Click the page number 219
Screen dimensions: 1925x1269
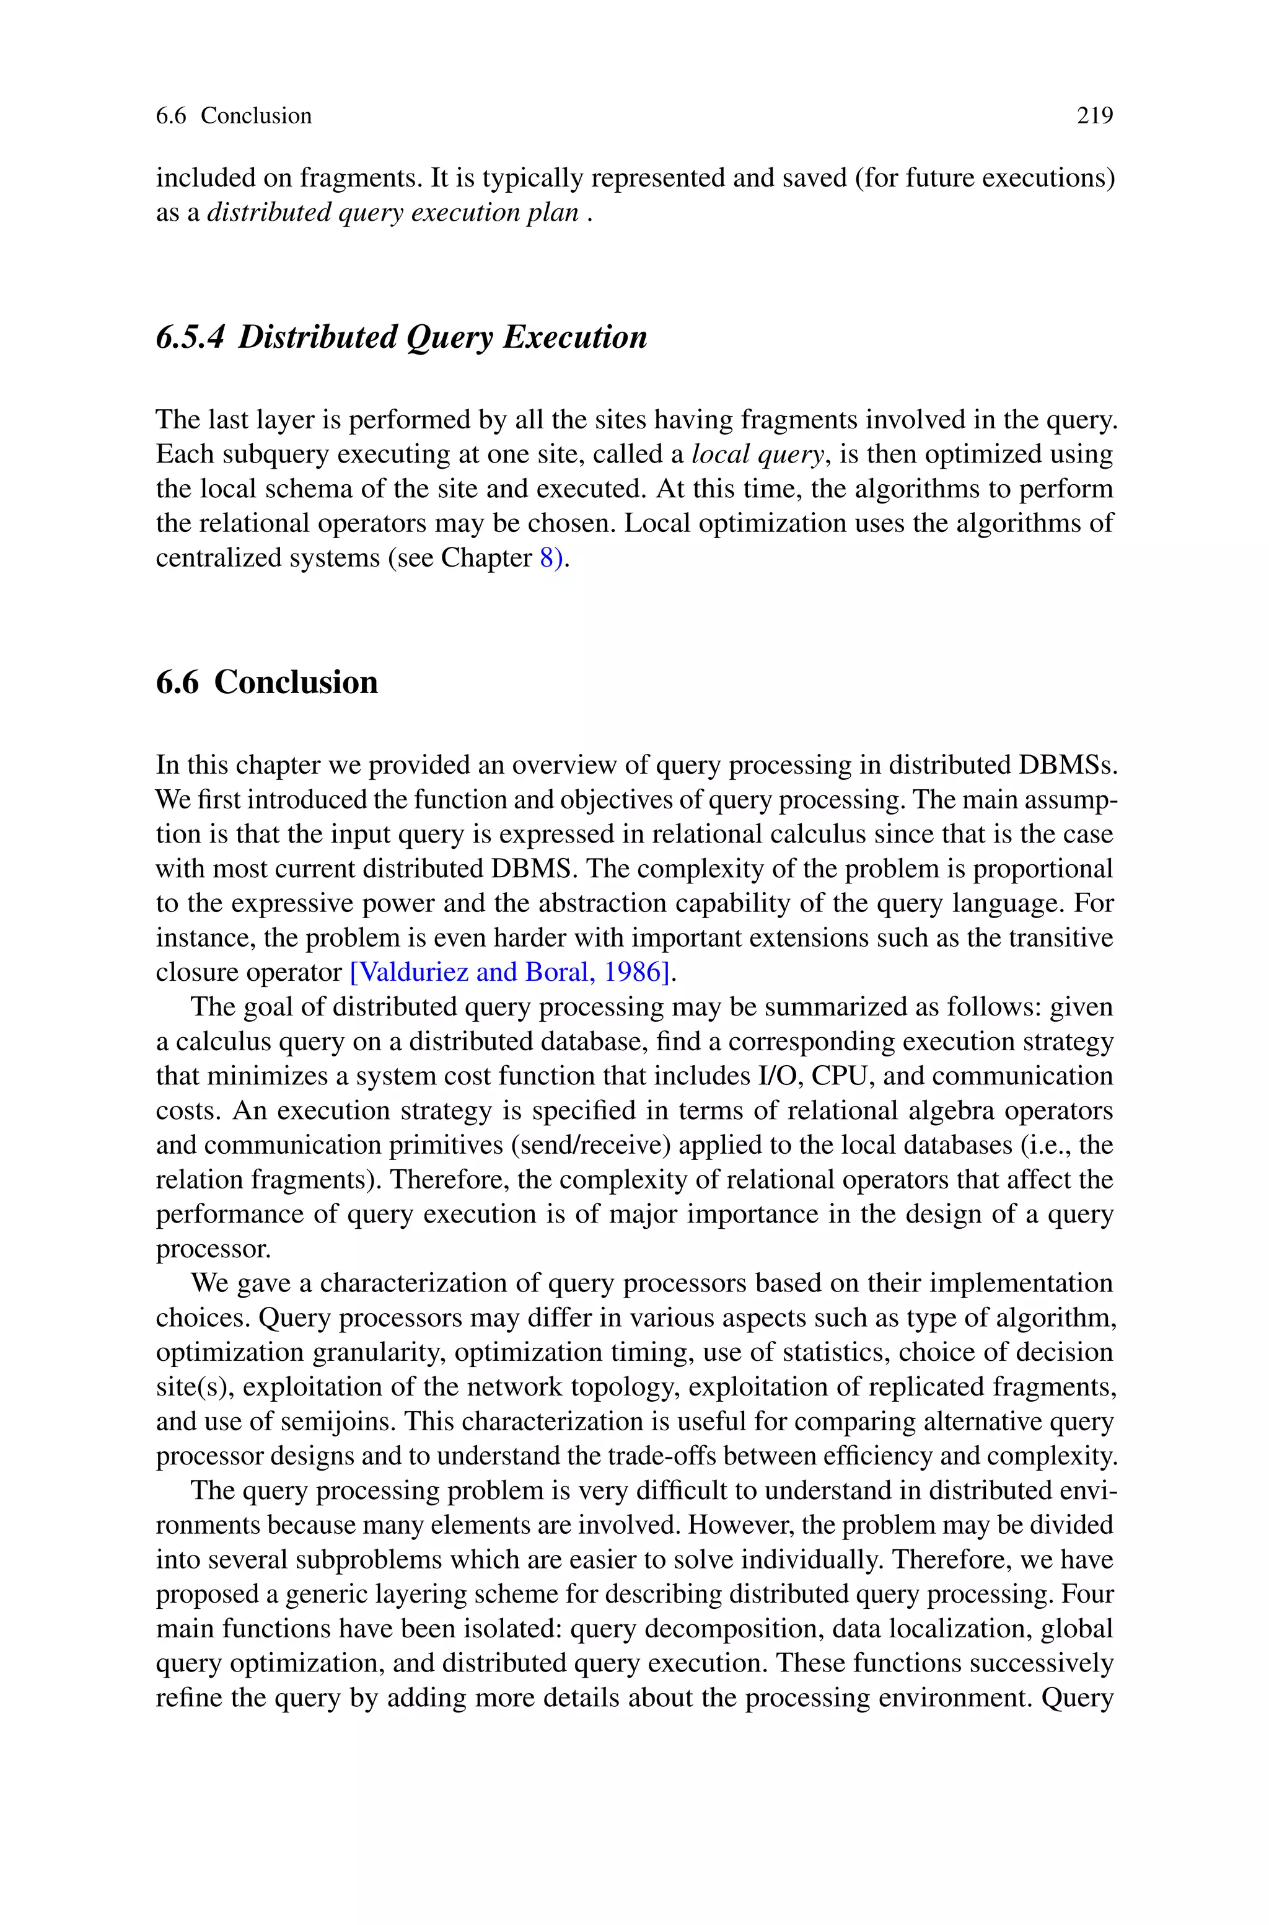click(1094, 116)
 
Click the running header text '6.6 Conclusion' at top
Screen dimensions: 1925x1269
click(233, 116)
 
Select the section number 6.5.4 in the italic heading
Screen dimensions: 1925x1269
click(190, 337)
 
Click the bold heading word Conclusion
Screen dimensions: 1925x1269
click(296, 683)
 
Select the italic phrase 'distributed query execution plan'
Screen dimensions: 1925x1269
click(393, 212)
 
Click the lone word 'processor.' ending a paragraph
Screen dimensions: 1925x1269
click(213, 1249)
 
